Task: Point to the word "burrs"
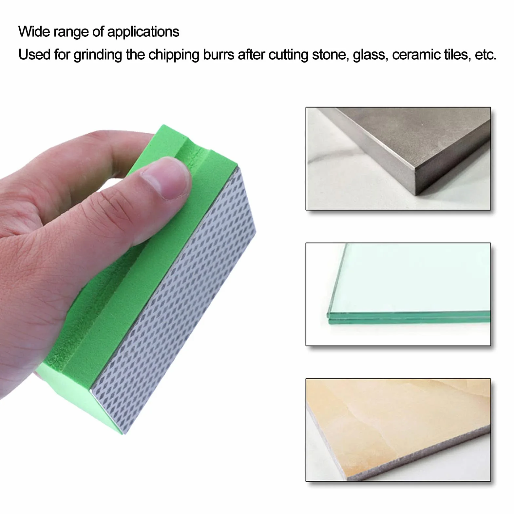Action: [x=219, y=55]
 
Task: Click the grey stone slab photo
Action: [x=398, y=159]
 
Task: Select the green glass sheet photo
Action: [x=398, y=294]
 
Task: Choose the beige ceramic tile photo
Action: [x=398, y=430]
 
